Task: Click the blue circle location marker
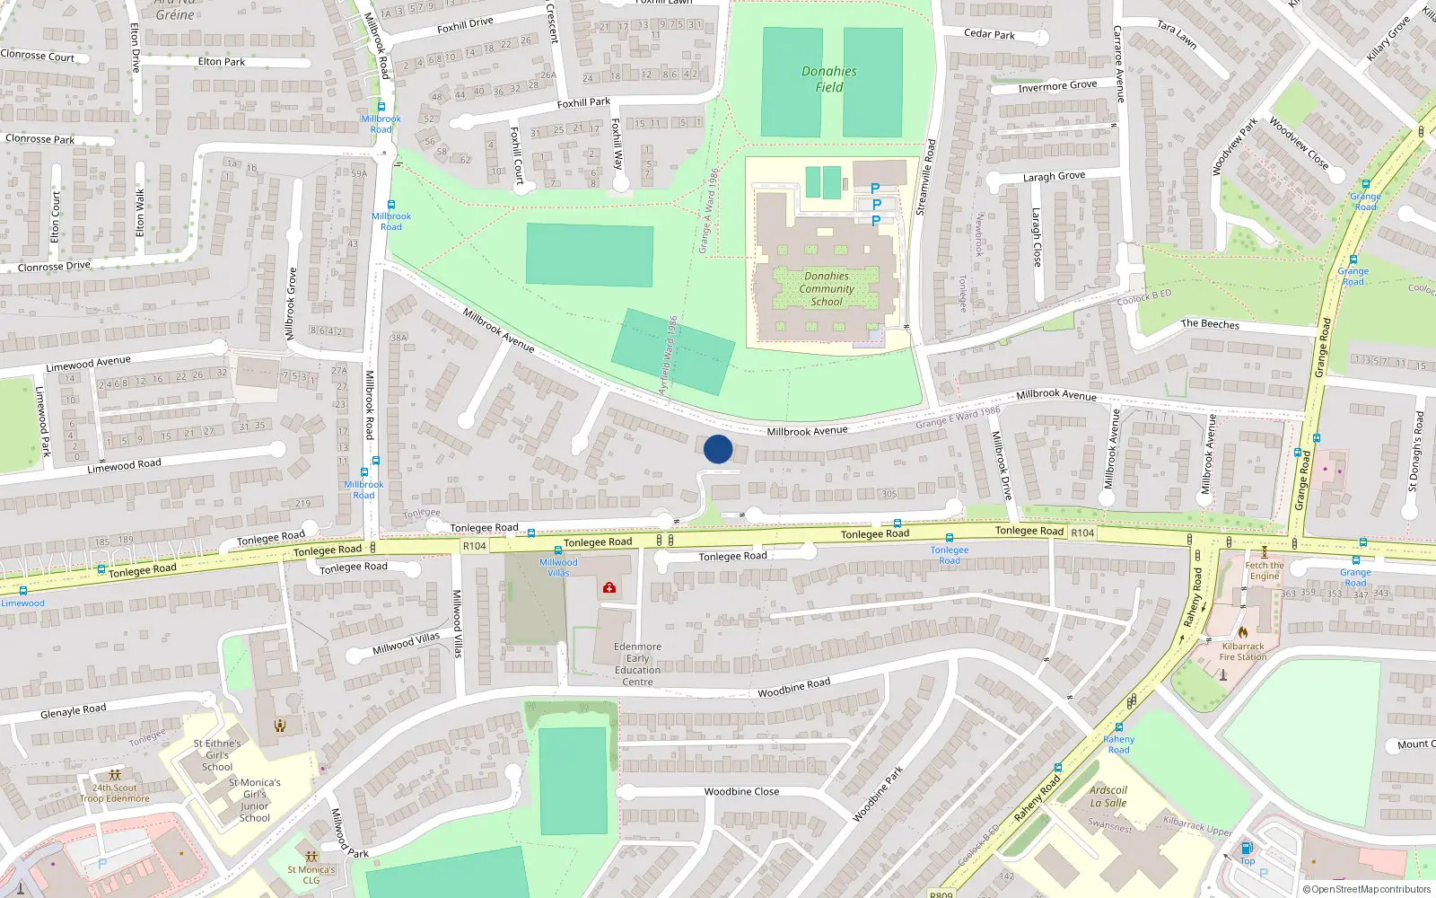(x=718, y=449)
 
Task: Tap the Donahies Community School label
(x=827, y=289)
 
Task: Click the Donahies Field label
(x=829, y=79)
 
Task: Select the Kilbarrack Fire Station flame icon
(x=1243, y=632)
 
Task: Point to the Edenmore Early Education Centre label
(x=637, y=665)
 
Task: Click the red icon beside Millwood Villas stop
(x=609, y=587)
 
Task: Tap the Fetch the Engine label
(x=1265, y=570)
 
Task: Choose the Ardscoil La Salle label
(x=1108, y=797)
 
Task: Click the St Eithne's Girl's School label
(x=217, y=755)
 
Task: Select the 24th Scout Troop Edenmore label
(x=115, y=793)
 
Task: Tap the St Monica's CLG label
(x=311, y=875)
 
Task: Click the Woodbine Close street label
(x=741, y=792)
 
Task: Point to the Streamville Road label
(x=925, y=177)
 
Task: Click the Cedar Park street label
(x=989, y=34)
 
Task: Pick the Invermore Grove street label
(x=1057, y=86)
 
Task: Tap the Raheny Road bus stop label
(x=1118, y=744)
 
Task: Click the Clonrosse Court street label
(x=38, y=56)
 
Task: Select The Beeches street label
(x=1210, y=324)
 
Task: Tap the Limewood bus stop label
(x=22, y=603)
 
